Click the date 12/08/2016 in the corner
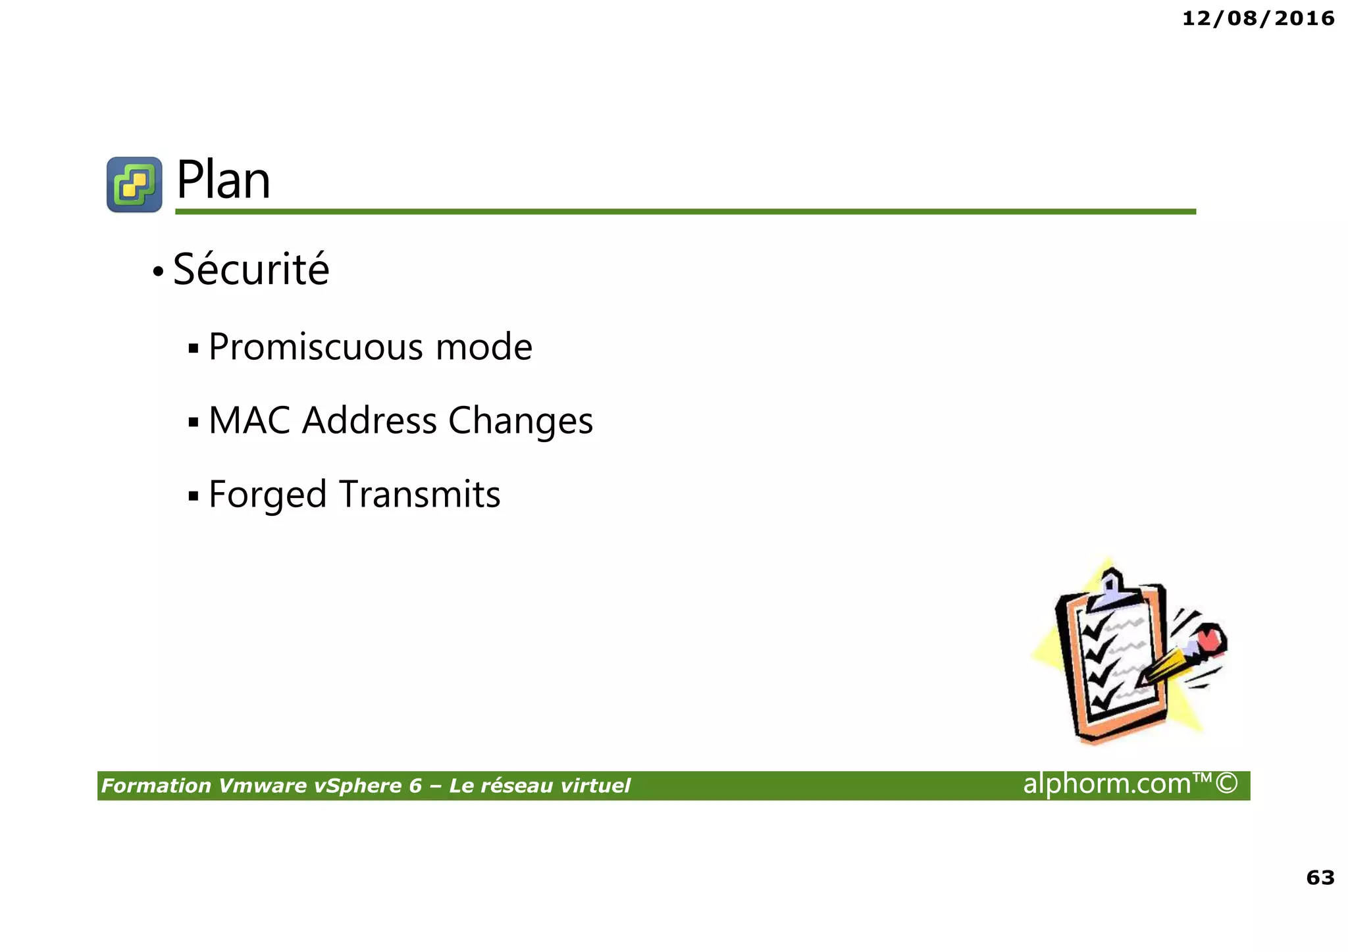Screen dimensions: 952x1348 click(x=1258, y=18)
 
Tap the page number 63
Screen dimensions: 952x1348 click(x=1320, y=877)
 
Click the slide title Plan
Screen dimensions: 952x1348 click(x=223, y=180)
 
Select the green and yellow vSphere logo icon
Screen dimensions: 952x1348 click(x=134, y=184)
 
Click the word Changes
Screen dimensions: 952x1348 click(x=521, y=421)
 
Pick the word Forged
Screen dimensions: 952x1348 click(x=267, y=495)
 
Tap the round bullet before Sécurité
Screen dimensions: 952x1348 click(x=158, y=271)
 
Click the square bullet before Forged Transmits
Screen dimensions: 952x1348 click(x=193, y=495)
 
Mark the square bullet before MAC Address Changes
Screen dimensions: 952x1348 click(x=193, y=422)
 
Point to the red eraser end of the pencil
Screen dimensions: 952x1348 click(x=1210, y=638)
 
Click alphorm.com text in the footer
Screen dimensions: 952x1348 click(x=1129, y=784)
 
